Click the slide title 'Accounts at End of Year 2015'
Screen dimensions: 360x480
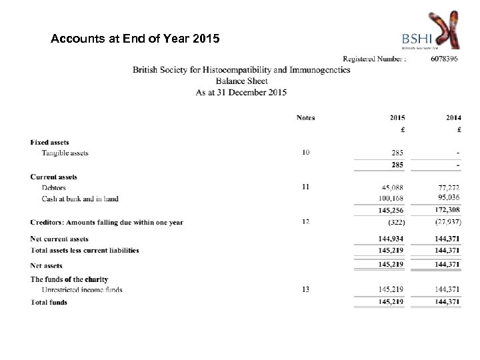(x=134, y=39)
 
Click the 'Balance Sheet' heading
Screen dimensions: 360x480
(x=241, y=81)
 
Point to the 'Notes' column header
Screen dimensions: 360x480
(x=305, y=118)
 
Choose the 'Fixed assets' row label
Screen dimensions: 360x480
(x=49, y=142)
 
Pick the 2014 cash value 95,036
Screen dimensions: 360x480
(x=449, y=198)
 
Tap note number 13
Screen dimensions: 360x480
(x=305, y=289)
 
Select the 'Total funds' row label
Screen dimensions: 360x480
(x=49, y=302)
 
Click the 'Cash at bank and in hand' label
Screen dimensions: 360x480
(x=79, y=199)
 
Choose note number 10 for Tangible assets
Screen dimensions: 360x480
(x=305, y=153)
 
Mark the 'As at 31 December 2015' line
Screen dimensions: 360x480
(x=241, y=93)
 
